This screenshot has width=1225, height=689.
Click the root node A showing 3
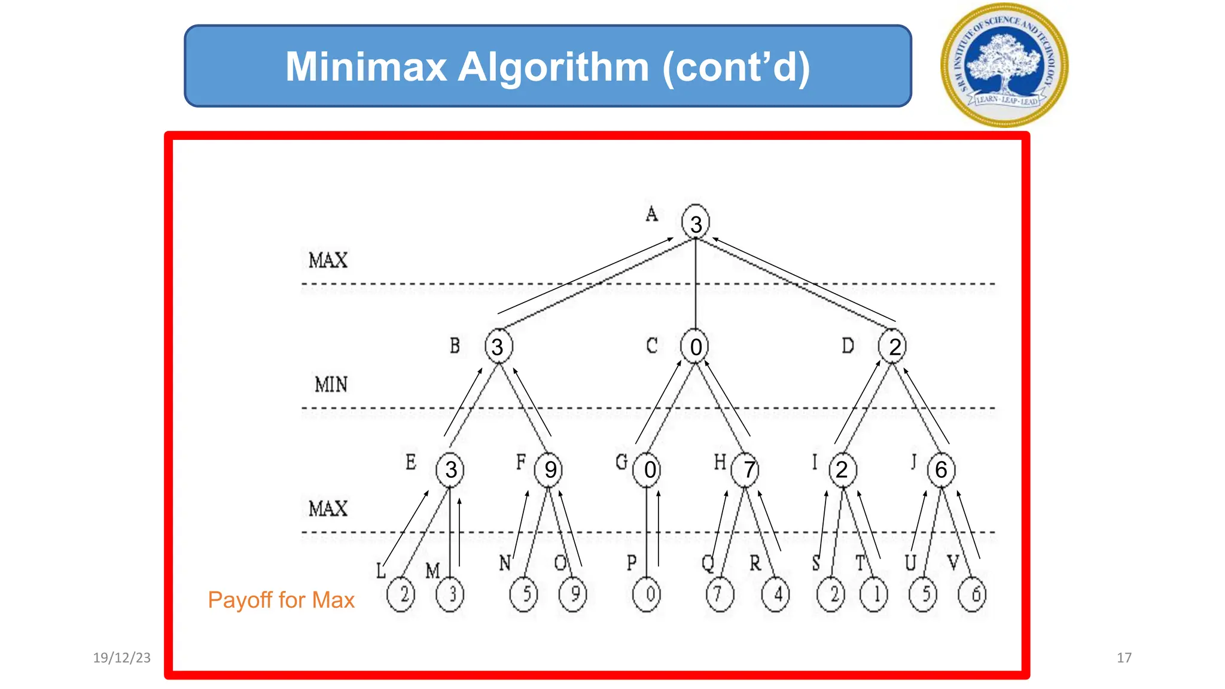[x=696, y=222]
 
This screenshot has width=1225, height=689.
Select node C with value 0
[x=696, y=346]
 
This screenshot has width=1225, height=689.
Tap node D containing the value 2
[x=893, y=346]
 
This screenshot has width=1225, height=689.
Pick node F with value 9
[x=550, y=470]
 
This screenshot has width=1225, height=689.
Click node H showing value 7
[x=746, y=470]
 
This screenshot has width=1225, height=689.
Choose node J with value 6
[x=941, y=470]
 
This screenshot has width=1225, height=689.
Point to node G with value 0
[x=648, y=470]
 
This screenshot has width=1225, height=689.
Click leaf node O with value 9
[x=574, y=594]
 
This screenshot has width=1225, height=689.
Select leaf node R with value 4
[x=776, y=594]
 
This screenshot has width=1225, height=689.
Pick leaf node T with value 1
[x=874, y=594]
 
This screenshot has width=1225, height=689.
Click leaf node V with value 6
[x=973, y=594]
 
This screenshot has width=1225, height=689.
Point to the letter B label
[x=455, y=346]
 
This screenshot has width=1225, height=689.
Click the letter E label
[x=410, y=462]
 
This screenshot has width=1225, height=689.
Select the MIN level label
[x=331, y=384]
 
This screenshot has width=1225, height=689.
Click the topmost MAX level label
[x=328, y=260]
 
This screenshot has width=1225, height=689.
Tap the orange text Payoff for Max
[x=281, y=600]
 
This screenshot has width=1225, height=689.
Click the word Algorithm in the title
[x=553, y=67]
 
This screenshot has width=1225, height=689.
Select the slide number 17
[x=1124, y=658]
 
